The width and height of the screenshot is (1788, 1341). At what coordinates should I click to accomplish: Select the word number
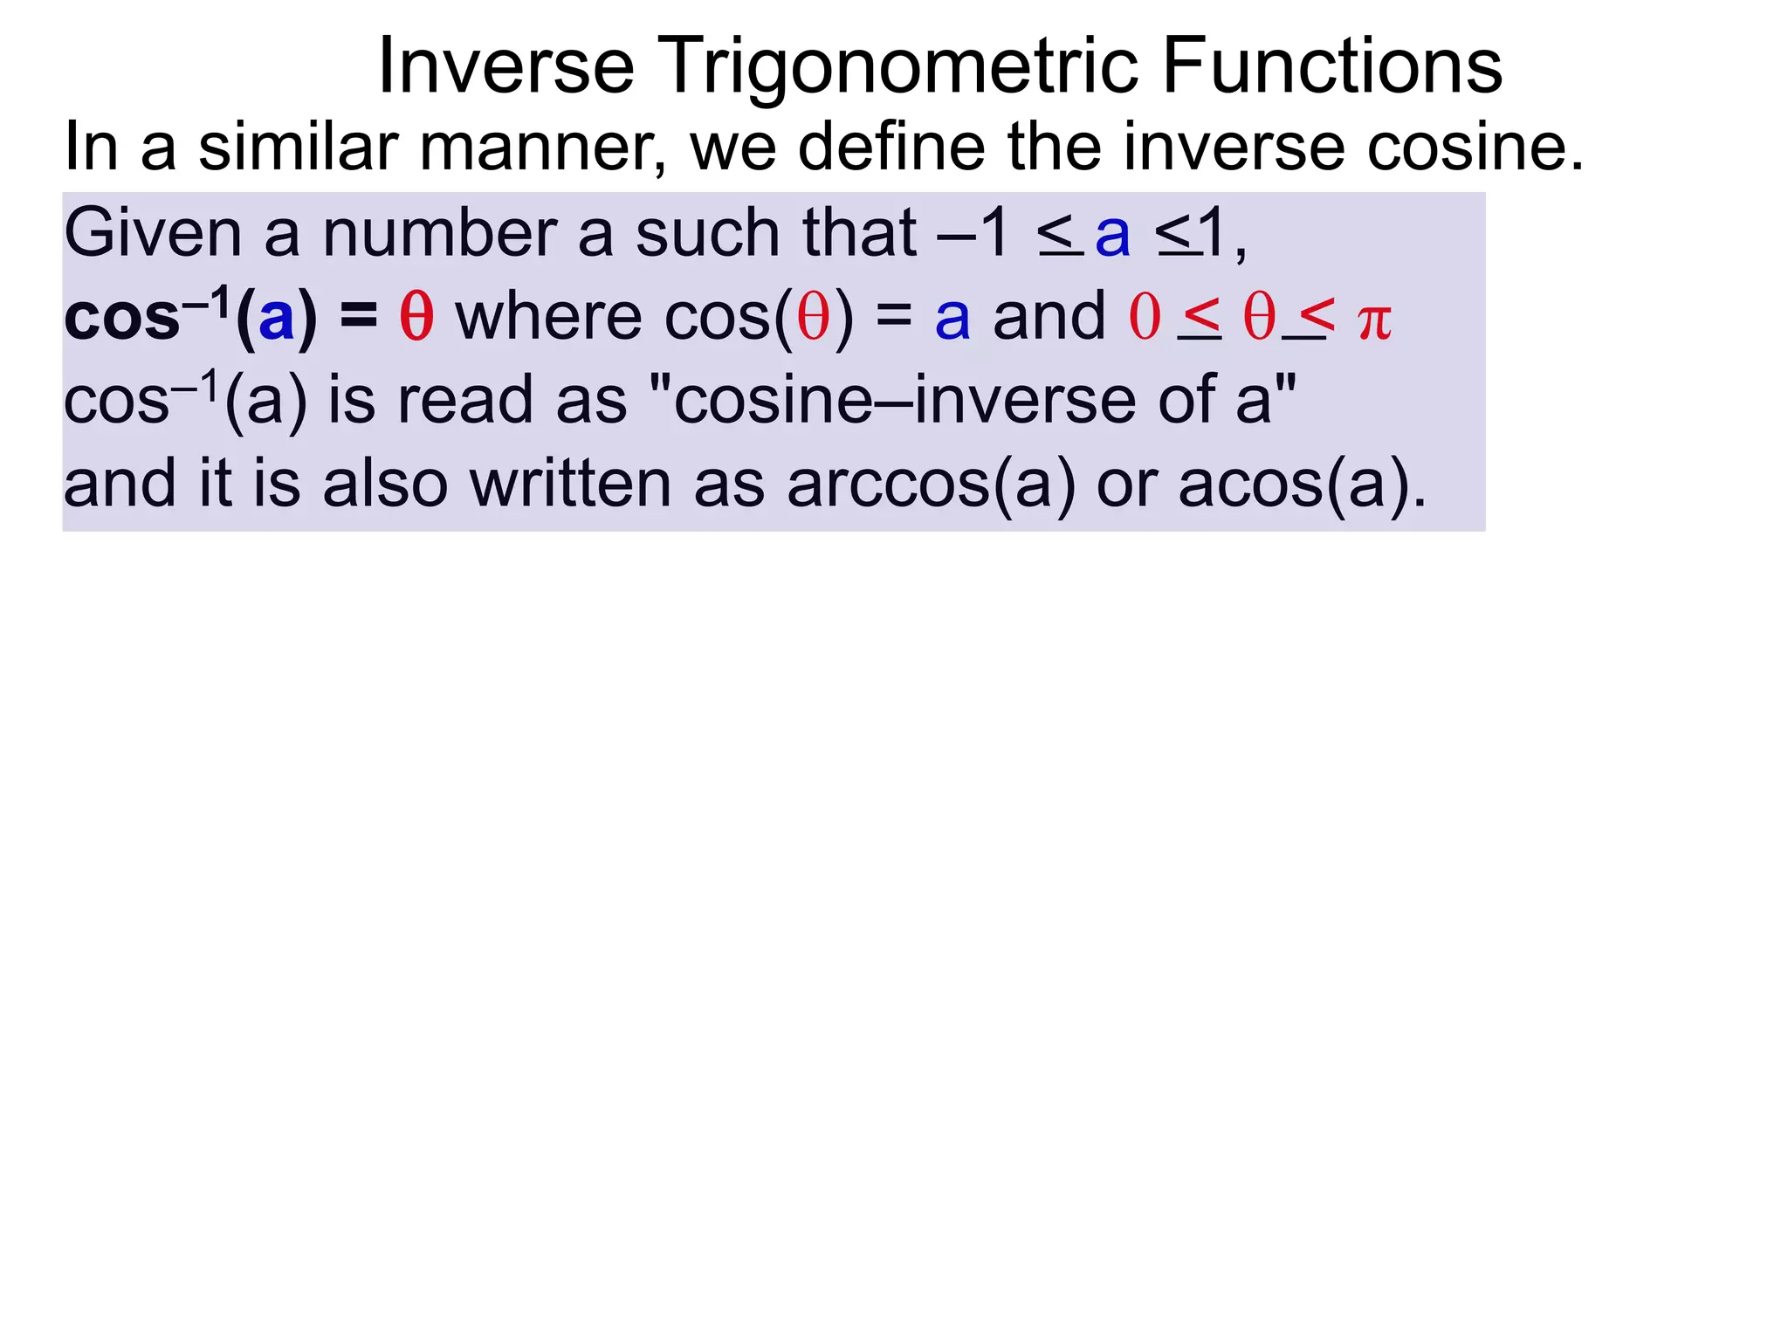(439, 233)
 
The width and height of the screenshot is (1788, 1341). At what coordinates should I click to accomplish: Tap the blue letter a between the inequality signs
(1113, 235)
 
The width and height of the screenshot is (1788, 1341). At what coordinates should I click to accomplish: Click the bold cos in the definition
(121, 318)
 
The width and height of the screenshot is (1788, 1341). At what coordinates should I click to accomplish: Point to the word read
(464, 401)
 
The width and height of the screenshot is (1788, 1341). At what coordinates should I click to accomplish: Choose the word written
(571, 485)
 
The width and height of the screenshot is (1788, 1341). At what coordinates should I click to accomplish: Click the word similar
(298, 147)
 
